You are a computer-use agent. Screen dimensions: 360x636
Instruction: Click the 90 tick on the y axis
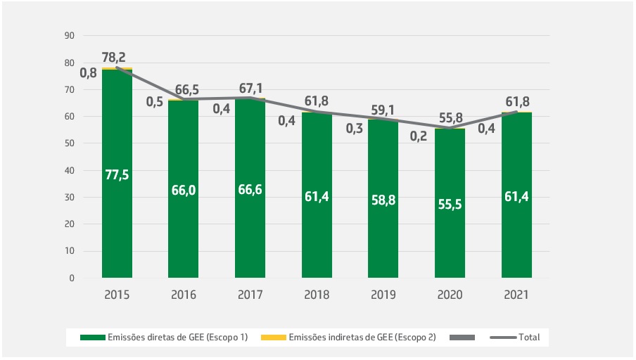[x=69, y=35]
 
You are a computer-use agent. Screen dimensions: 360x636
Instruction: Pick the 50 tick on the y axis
[x=69, y=143]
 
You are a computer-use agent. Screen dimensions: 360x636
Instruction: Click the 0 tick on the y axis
[x=72, y=278]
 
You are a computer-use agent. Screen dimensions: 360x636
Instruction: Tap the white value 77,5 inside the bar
[x=117, y=175]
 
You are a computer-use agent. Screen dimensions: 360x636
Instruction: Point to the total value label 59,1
[x=383, y=110]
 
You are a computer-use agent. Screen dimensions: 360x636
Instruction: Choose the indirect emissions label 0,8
[x=88, y=72]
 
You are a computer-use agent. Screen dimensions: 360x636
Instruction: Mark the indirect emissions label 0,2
[x=419, y=136]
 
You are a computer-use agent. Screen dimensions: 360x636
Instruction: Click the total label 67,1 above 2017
[x=250, y=88]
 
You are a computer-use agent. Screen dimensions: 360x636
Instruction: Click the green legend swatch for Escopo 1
[x=90, y=337]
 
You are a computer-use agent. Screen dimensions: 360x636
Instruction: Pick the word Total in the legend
[x=528, y=337]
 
